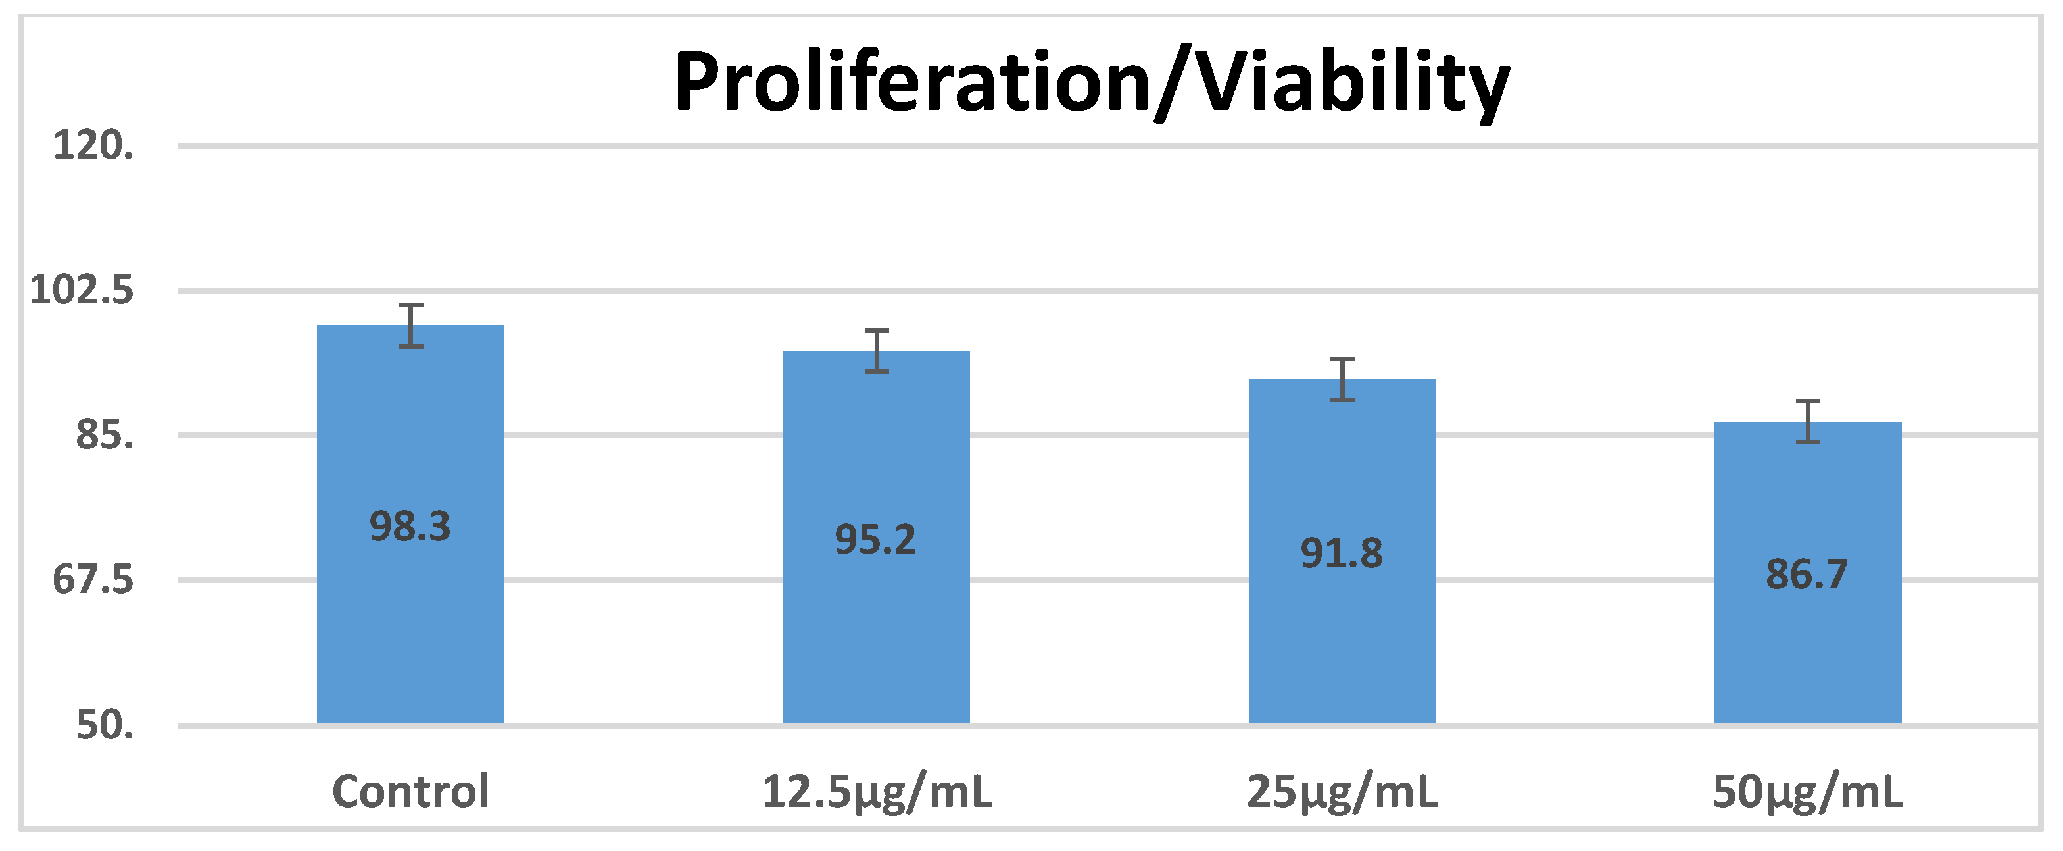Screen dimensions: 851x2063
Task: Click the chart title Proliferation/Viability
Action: pos(1092,82)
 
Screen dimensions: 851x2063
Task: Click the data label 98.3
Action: pos(410,527)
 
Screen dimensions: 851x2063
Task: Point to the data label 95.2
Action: pos(875,539)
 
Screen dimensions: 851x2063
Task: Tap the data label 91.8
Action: pos(1342,553)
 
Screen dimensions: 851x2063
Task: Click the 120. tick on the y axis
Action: pos(93,146)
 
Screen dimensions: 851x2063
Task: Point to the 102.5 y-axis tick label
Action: pos(82,290)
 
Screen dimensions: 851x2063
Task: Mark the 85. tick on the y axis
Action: pos(104,436)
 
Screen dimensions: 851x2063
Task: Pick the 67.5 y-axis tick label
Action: pos(93,580)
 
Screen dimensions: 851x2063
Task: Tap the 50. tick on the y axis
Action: pos(104,725)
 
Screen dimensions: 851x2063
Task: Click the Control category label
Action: pos(410,792)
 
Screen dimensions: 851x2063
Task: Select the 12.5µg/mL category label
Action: pos(876,792)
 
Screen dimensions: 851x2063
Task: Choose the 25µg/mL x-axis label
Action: pos(1342,792)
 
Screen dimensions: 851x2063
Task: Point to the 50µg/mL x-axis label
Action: pos(1808,792)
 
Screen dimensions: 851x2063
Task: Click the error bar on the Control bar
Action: pos(411,325)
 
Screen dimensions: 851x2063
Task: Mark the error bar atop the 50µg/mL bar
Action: pos(1808,421)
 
